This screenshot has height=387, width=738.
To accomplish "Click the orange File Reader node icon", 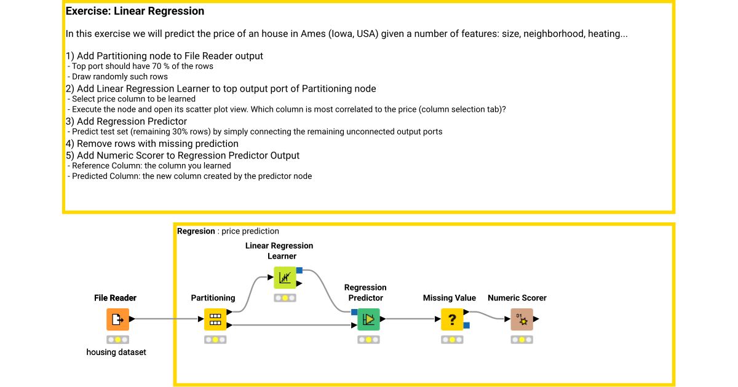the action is point(117,319).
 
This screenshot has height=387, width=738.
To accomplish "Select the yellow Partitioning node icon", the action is point(215,319).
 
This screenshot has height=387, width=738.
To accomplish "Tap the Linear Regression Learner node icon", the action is point(285,278).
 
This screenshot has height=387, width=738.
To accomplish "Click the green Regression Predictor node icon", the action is point(368,319).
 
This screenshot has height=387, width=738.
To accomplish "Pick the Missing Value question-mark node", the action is point(452,319).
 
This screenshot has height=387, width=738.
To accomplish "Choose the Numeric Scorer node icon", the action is point(522,319).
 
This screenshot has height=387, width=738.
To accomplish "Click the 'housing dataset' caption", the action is point(116,352).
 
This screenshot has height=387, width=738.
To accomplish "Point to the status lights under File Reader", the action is point(117,340).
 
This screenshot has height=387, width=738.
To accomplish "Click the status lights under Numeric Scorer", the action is point(522,340).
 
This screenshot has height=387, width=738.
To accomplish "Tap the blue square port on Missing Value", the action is point(467,326).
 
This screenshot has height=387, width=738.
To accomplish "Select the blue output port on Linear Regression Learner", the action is point(300,270).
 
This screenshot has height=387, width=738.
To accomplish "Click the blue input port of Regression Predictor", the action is point(354,312).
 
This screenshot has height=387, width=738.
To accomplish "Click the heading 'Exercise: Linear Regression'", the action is point(135,11).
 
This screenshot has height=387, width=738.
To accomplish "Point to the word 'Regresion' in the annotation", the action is point(196,231).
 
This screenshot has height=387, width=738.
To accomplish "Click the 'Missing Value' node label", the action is point(450,298).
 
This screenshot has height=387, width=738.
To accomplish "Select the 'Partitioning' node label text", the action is point(213,298).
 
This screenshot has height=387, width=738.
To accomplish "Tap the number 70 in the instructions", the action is point(156,66).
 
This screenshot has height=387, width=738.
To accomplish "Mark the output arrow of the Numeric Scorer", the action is point(536,319).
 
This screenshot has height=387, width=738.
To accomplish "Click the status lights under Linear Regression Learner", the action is point(285,298).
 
